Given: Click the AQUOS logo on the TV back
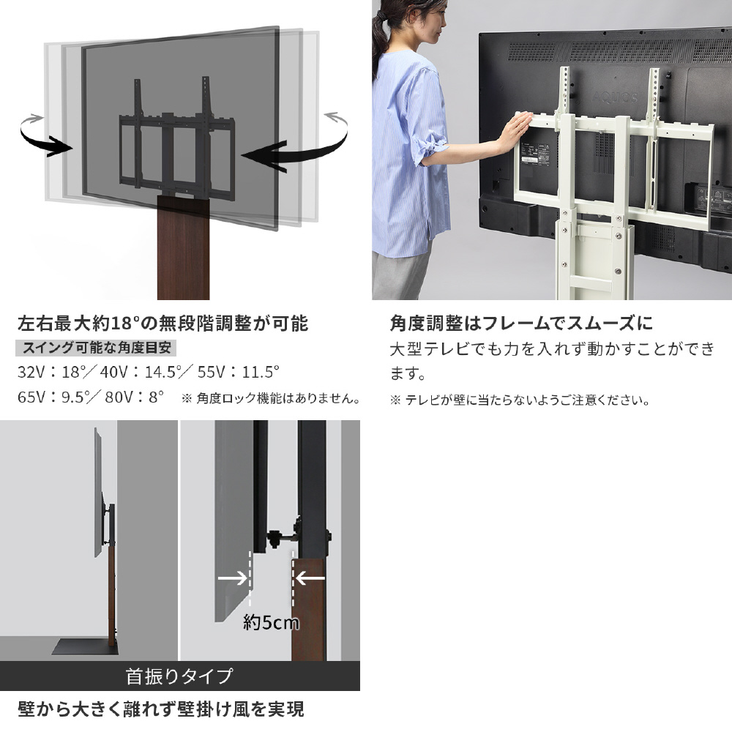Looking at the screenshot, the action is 614,97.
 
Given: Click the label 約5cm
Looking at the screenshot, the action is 272,622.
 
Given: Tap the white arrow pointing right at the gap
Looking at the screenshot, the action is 233,578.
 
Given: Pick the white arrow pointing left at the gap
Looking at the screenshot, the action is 310,579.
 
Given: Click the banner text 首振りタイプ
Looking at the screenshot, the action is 179,676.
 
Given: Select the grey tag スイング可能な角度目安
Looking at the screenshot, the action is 96,348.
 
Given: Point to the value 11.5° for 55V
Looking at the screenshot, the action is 261,372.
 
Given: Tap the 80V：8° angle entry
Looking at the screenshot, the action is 135,397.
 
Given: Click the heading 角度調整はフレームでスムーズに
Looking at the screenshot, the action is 521,324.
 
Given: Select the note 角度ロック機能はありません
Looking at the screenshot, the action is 271,398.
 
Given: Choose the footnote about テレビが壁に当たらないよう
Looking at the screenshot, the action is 520,400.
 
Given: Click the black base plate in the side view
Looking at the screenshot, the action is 84,646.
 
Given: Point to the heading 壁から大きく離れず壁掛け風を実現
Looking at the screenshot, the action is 160,709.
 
